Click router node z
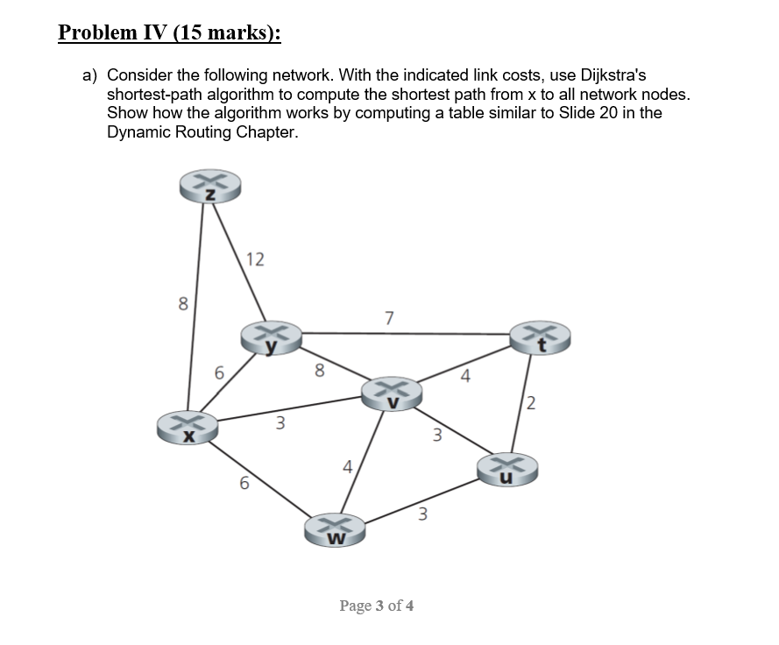click(209, 187)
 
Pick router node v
click(393, 393)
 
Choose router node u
click(506, 469)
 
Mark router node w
click(334, 530)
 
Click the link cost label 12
click(255, 259)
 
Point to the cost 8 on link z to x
click(182, 304)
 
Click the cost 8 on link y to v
click(319, 370)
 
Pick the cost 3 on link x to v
click(280, 424)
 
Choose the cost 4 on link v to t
click(465, 378)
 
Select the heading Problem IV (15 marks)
click(169, 33)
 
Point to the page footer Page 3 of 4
click(377, 606)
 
